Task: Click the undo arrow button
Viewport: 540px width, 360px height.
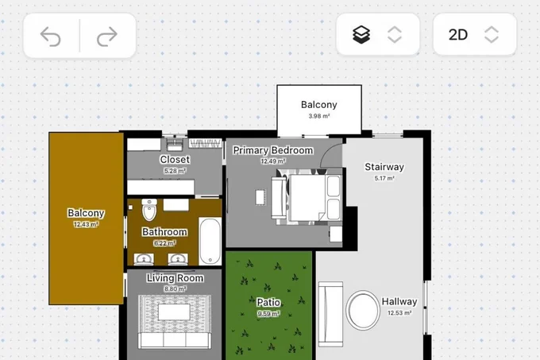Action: point(50,37)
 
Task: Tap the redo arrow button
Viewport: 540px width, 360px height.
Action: point(107,37)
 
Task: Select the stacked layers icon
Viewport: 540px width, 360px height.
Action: point(361,34)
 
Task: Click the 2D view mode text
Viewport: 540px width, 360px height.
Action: point(458,34)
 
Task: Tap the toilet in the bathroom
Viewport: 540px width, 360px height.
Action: point(149,210)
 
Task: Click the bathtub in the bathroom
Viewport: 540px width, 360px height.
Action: point(210,241)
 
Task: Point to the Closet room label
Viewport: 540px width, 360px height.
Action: point(175,160)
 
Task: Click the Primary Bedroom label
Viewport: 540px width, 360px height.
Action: point(273,150)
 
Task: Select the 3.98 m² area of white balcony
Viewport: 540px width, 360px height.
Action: point(319,116)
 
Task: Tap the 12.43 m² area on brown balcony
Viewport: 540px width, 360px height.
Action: point(86,225)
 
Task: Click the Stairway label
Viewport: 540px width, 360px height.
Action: point(384,167)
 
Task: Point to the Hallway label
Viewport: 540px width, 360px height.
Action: point(399,302)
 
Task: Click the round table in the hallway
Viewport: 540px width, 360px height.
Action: point(363,310)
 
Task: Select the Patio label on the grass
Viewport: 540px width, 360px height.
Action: point(268,303)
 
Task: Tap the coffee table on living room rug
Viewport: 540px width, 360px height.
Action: point(174,312)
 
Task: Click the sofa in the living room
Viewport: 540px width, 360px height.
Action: point(175,340)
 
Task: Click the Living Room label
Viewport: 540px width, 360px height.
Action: point(175,278)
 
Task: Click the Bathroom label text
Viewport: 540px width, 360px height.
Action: point(165,232)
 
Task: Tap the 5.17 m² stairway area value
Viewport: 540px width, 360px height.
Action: point(384,179)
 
